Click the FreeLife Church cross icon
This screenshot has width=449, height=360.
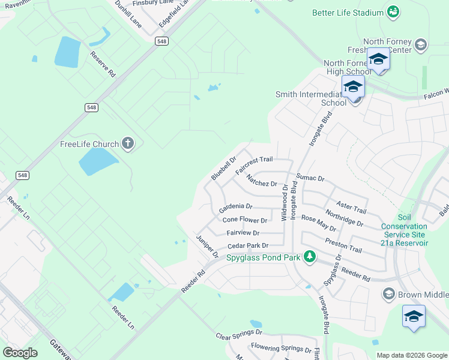127,143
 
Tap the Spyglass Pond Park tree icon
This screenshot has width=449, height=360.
309,257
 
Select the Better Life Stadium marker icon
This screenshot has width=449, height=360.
393,12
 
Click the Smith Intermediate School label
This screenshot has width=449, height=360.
311,98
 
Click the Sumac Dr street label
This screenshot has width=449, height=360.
310,178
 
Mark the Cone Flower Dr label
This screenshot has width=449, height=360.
244,220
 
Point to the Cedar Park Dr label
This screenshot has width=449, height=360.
247,245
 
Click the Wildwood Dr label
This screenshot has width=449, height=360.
285,203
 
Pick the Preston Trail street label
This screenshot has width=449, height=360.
343,245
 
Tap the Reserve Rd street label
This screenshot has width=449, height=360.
103,64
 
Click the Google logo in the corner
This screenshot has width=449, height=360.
20,353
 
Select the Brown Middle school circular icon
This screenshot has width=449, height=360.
388,294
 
